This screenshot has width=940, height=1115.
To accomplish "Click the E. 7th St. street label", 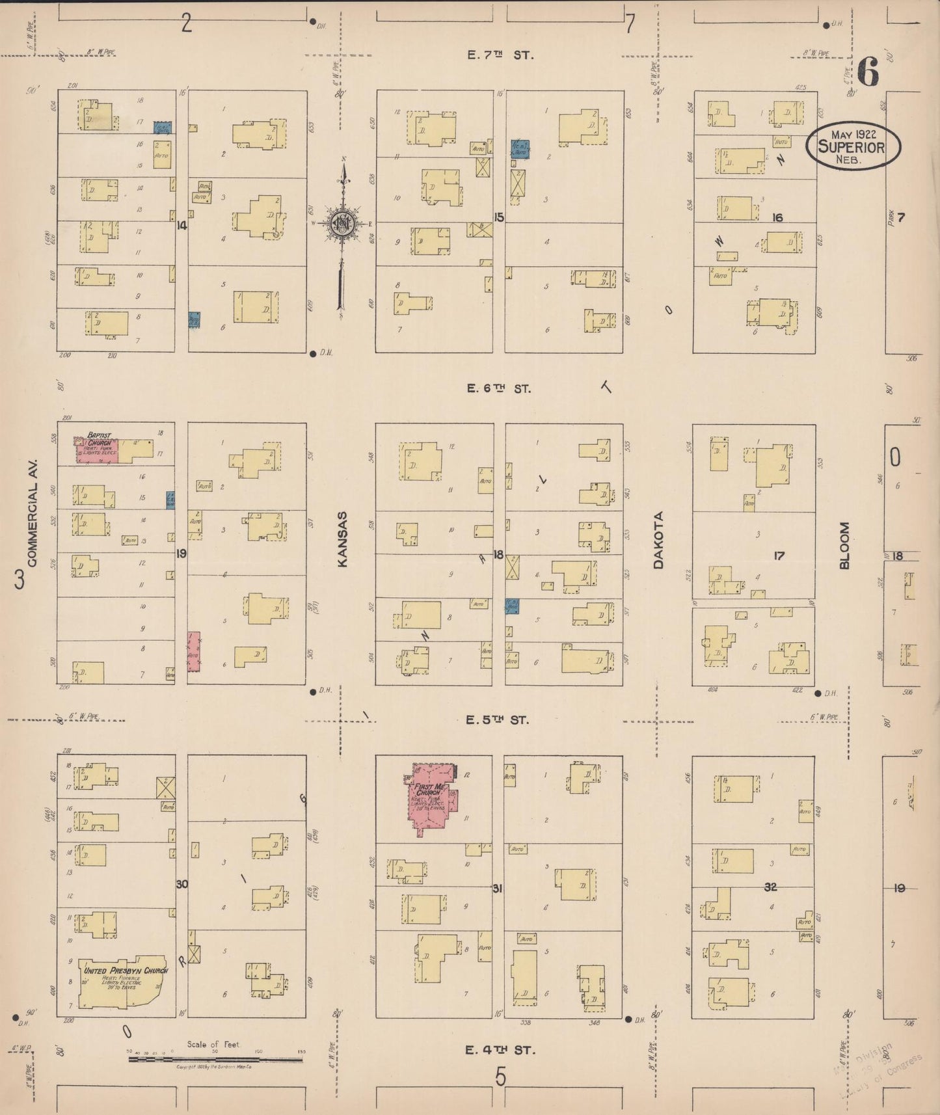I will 500,55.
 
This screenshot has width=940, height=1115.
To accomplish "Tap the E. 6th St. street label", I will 499,388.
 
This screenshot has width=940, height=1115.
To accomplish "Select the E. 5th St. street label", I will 498,720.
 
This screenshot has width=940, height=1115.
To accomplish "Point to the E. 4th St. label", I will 500,1049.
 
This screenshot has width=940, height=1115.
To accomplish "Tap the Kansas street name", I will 343,539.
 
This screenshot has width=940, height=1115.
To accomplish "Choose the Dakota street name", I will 658,541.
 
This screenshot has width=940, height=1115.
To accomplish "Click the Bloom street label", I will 844,545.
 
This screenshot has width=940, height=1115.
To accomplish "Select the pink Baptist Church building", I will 98,448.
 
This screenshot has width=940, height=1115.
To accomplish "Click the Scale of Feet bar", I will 215,1059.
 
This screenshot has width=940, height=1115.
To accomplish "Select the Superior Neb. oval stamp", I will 853,147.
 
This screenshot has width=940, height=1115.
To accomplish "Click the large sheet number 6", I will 868,72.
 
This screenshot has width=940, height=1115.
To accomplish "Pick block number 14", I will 181,226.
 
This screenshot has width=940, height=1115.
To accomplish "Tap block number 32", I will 771,887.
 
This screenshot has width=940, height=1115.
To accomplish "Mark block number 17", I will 779,556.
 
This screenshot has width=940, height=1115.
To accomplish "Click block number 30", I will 181,884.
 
